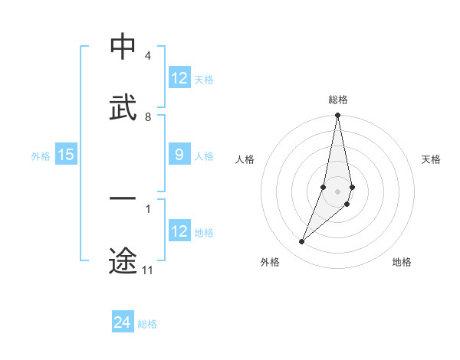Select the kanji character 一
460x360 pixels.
(123, 200)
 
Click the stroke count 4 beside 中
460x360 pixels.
(147, 56)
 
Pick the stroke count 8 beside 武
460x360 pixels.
(147, 117)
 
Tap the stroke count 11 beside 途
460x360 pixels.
(148, 270)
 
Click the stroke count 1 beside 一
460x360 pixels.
(147, 208)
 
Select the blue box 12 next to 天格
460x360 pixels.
(179, 78)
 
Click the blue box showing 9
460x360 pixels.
(179, 155)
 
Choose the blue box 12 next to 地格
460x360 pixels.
(179, 232)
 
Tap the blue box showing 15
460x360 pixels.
(66, 155)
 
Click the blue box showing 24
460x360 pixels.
(123, 323)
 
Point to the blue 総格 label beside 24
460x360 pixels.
(147, 324)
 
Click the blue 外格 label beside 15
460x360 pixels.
(41, 156)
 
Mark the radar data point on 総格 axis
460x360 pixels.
(337, 116)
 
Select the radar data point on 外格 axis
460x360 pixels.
(302, 242)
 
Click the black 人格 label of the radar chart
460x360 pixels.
(245, 159)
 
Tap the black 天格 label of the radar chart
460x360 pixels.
(431, 159)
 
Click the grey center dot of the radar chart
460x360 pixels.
(337, 191)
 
